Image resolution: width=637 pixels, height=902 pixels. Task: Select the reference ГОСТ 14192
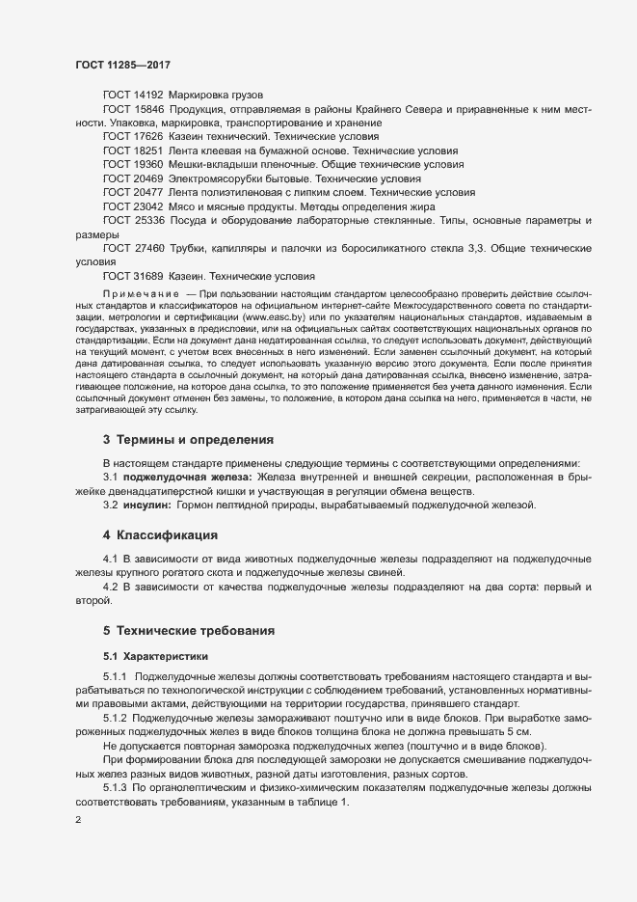(x=133, y=95)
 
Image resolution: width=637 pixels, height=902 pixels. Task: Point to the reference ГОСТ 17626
(x=133, y=138)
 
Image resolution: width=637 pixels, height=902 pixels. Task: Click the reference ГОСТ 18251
(x=133, y=151)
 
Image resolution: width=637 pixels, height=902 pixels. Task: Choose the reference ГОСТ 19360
(x=133, y=165)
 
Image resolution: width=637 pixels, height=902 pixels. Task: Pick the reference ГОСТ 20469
(x=133, y=179)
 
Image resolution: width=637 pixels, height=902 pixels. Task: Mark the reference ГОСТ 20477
(x=133, y=193)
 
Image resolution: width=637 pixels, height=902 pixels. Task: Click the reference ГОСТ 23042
(x=133, y=206)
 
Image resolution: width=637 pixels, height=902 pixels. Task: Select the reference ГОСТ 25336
(x=133, y=221)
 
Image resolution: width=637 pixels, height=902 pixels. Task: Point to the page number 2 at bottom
(x=78, y=821)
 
